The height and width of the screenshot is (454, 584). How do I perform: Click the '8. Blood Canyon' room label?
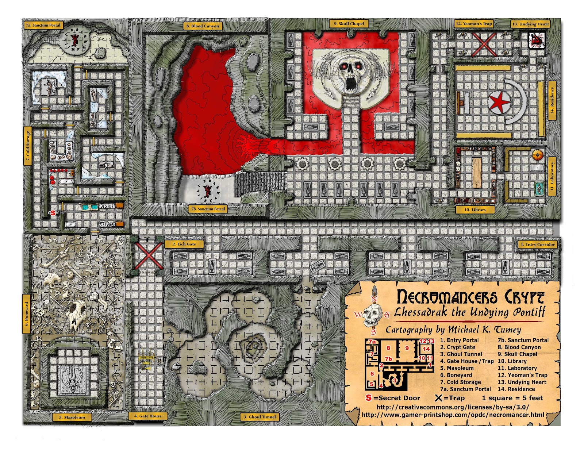[203, 26]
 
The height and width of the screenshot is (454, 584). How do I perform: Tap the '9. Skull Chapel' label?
[349, 24]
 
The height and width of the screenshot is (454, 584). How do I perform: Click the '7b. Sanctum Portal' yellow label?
[208, 209]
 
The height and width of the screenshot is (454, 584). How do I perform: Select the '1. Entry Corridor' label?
[537, 245]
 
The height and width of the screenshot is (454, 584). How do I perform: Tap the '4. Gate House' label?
[148, 416]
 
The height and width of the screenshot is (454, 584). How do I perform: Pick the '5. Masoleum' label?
[72, 417]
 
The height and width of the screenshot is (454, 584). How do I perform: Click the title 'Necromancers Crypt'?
[470, 297]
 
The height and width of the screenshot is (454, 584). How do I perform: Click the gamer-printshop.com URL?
[453, 415]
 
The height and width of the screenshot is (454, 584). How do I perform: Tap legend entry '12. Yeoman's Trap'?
[522, 375]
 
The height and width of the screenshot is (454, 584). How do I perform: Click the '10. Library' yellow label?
[475, 210]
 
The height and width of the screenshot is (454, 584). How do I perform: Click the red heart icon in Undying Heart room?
[537, 40]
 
